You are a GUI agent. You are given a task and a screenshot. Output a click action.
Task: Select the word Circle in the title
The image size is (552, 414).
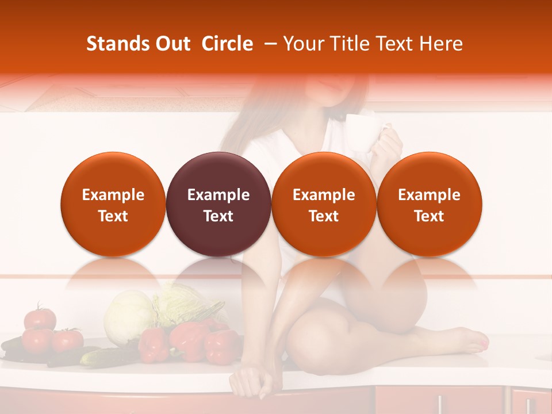[227, 44]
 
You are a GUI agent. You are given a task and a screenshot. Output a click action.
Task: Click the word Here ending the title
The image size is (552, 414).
[442, 44]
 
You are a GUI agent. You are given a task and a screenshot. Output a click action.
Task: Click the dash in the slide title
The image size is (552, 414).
[268, 44]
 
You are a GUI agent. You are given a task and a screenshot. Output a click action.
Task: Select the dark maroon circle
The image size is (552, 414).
[218, 204]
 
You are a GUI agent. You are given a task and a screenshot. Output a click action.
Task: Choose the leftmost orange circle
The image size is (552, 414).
[113, 204]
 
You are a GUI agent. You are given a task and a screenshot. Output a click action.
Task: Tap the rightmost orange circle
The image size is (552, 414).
[430, 204]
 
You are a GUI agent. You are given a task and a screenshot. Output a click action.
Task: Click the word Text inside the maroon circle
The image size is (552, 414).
[218, 216]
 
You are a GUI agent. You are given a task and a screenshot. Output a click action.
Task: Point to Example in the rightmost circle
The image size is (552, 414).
[430, 195]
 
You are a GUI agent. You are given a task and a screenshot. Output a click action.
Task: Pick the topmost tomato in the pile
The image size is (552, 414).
[40, 317]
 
